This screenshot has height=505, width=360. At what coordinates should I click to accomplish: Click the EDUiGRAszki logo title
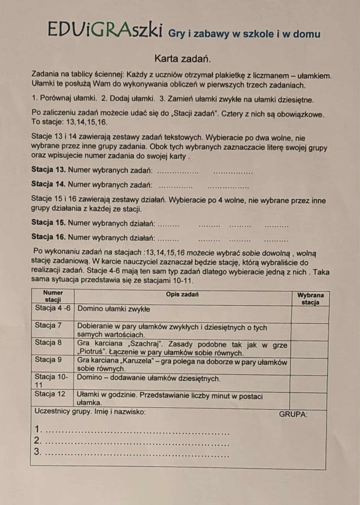point(106,30)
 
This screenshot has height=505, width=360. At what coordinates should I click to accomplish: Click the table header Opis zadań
point(183,294)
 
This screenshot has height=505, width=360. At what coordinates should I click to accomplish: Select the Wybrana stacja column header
point(310,298)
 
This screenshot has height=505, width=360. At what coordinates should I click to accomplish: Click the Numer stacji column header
point(53,296)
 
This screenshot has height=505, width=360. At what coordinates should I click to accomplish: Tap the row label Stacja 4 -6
point(53,308)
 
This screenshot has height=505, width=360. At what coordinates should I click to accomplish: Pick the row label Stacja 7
point(48,325)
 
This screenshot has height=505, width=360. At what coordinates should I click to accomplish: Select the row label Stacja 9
point(48,359)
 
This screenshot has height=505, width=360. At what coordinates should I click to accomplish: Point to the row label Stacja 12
point(50,394)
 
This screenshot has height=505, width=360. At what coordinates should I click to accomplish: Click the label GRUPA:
point(293,415)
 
